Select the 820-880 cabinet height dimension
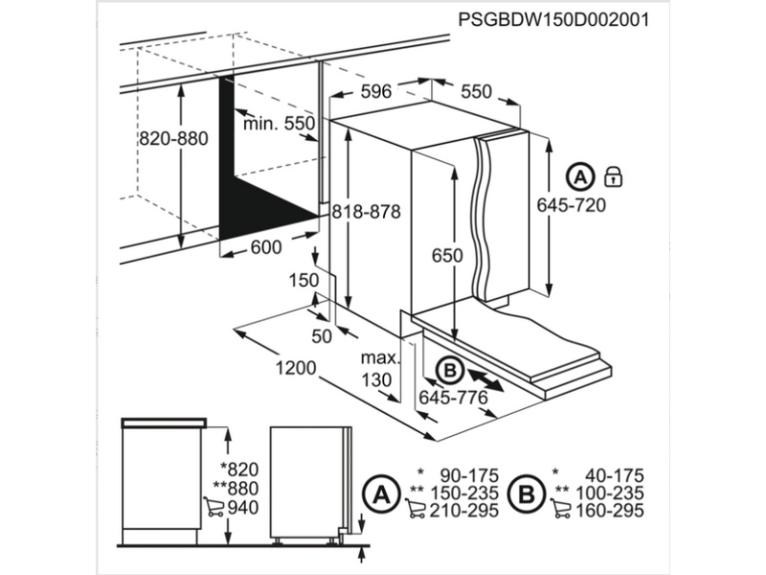pos(173,138)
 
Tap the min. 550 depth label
pos(279,124)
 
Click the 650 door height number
pos(446,256)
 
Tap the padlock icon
pos(613,176)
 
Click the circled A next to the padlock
pos(579,176)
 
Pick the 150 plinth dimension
pos(304,280)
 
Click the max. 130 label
pos(379,369)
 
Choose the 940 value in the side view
pos(248,507)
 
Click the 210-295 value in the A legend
pos(463,511)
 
